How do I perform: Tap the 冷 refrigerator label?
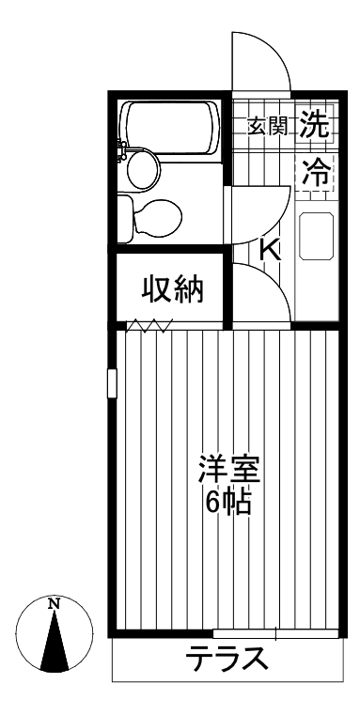(317, 173)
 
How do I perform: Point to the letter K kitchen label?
(271, 250)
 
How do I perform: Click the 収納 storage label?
(173, 290)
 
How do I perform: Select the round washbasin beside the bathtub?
(142, 169)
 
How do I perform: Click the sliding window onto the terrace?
(273, 632)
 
